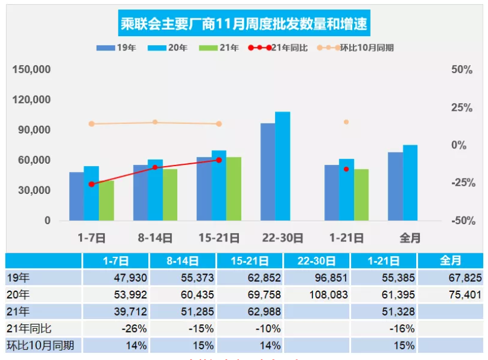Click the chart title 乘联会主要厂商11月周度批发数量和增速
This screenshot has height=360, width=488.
coord(244,25)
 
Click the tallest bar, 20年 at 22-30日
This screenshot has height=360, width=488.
coord(283,166)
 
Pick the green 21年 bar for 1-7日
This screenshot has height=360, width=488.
coord(107,200)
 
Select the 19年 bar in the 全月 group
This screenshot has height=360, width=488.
coord(395,186)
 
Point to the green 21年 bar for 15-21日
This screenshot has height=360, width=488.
coord(234,189)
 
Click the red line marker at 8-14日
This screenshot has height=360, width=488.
coord(155,167)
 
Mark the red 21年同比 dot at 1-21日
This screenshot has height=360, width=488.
coord(346,169)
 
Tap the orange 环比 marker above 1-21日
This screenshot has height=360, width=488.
coord(346,122)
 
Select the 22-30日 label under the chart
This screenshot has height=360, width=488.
coord(283,238)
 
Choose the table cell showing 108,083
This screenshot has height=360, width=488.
coord(327,295)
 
